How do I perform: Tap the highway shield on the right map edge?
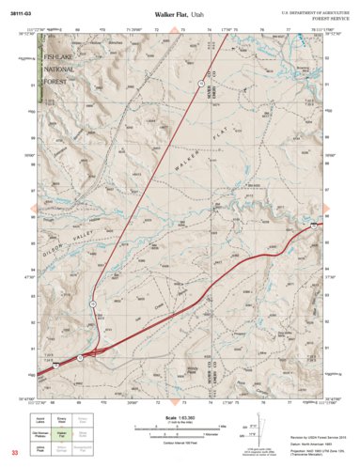(x=312, y=226)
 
